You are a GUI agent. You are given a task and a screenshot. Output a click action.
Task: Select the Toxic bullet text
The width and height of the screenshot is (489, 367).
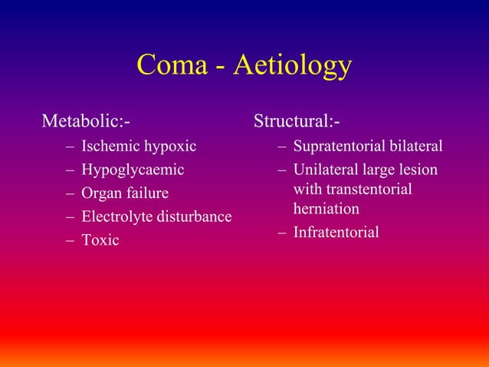pyautogui.click(x=100, y=240)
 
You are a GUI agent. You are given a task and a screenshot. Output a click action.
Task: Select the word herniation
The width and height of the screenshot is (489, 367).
pyautogui.click(x=326, y=208)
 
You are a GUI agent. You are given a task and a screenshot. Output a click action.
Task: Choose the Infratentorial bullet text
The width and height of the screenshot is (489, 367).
pyautogui.click(x=336, y=232)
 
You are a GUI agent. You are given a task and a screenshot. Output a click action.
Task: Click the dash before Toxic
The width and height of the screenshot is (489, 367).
pyautogui.click(x=71, y=240)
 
